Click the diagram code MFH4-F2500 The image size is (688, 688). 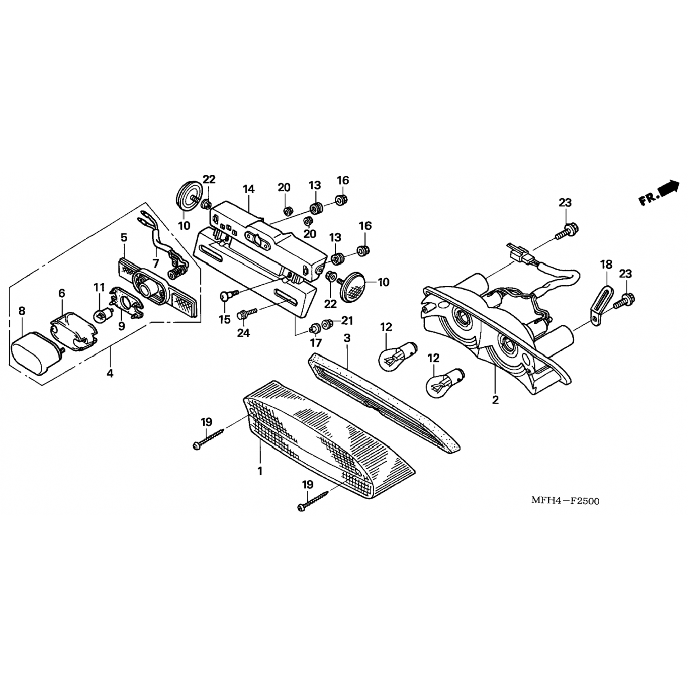tap(565, 500)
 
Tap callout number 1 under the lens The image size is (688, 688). tap(260, 471)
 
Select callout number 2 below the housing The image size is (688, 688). tap(495, 399)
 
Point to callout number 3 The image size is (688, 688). tap(347, 338)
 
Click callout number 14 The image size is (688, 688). tap(249, 189)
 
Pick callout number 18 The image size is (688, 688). tap(606, 264)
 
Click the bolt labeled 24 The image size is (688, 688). tap(247, 315)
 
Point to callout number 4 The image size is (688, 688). tap(110, 373)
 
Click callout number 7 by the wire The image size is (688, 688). tap(156, 264)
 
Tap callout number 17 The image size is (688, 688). tap(316, 343)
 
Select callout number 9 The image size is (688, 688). tap(122, 326)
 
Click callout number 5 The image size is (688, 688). tap(124, 237)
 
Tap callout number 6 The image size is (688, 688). tap(61, 293)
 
